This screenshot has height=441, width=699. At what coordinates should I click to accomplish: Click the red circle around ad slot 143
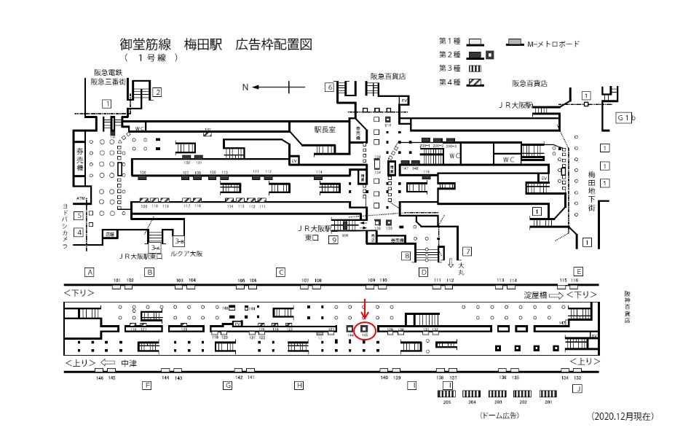point(365,330)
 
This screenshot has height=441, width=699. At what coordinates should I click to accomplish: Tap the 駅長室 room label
point(317,130)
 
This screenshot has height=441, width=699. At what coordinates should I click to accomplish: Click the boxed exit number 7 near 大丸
point(467,251)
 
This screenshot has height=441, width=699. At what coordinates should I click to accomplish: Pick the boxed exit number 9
point(333,239)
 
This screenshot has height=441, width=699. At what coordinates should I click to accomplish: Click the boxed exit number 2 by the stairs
point(157,92)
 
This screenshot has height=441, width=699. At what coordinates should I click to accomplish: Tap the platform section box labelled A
point(90,272)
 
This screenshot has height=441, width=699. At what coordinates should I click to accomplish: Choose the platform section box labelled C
point(280,272)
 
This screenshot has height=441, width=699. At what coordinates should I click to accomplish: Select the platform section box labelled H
point(298,385)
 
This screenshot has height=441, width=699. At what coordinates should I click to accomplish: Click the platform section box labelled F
point(146,385)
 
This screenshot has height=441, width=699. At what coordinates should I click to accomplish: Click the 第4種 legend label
point(449,82)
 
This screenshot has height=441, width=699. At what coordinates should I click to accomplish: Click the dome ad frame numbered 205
point(446,394)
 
